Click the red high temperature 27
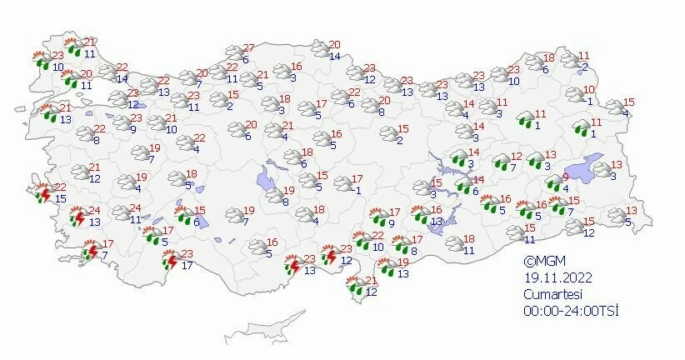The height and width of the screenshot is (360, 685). point(248,49)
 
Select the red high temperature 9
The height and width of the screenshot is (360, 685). point(567,177)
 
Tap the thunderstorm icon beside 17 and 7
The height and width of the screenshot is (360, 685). point(92,249)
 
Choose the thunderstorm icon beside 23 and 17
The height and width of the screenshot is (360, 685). point(172,261)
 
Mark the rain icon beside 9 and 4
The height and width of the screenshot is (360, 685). point(553,183)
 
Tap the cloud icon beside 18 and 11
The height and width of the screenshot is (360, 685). point(454,244)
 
